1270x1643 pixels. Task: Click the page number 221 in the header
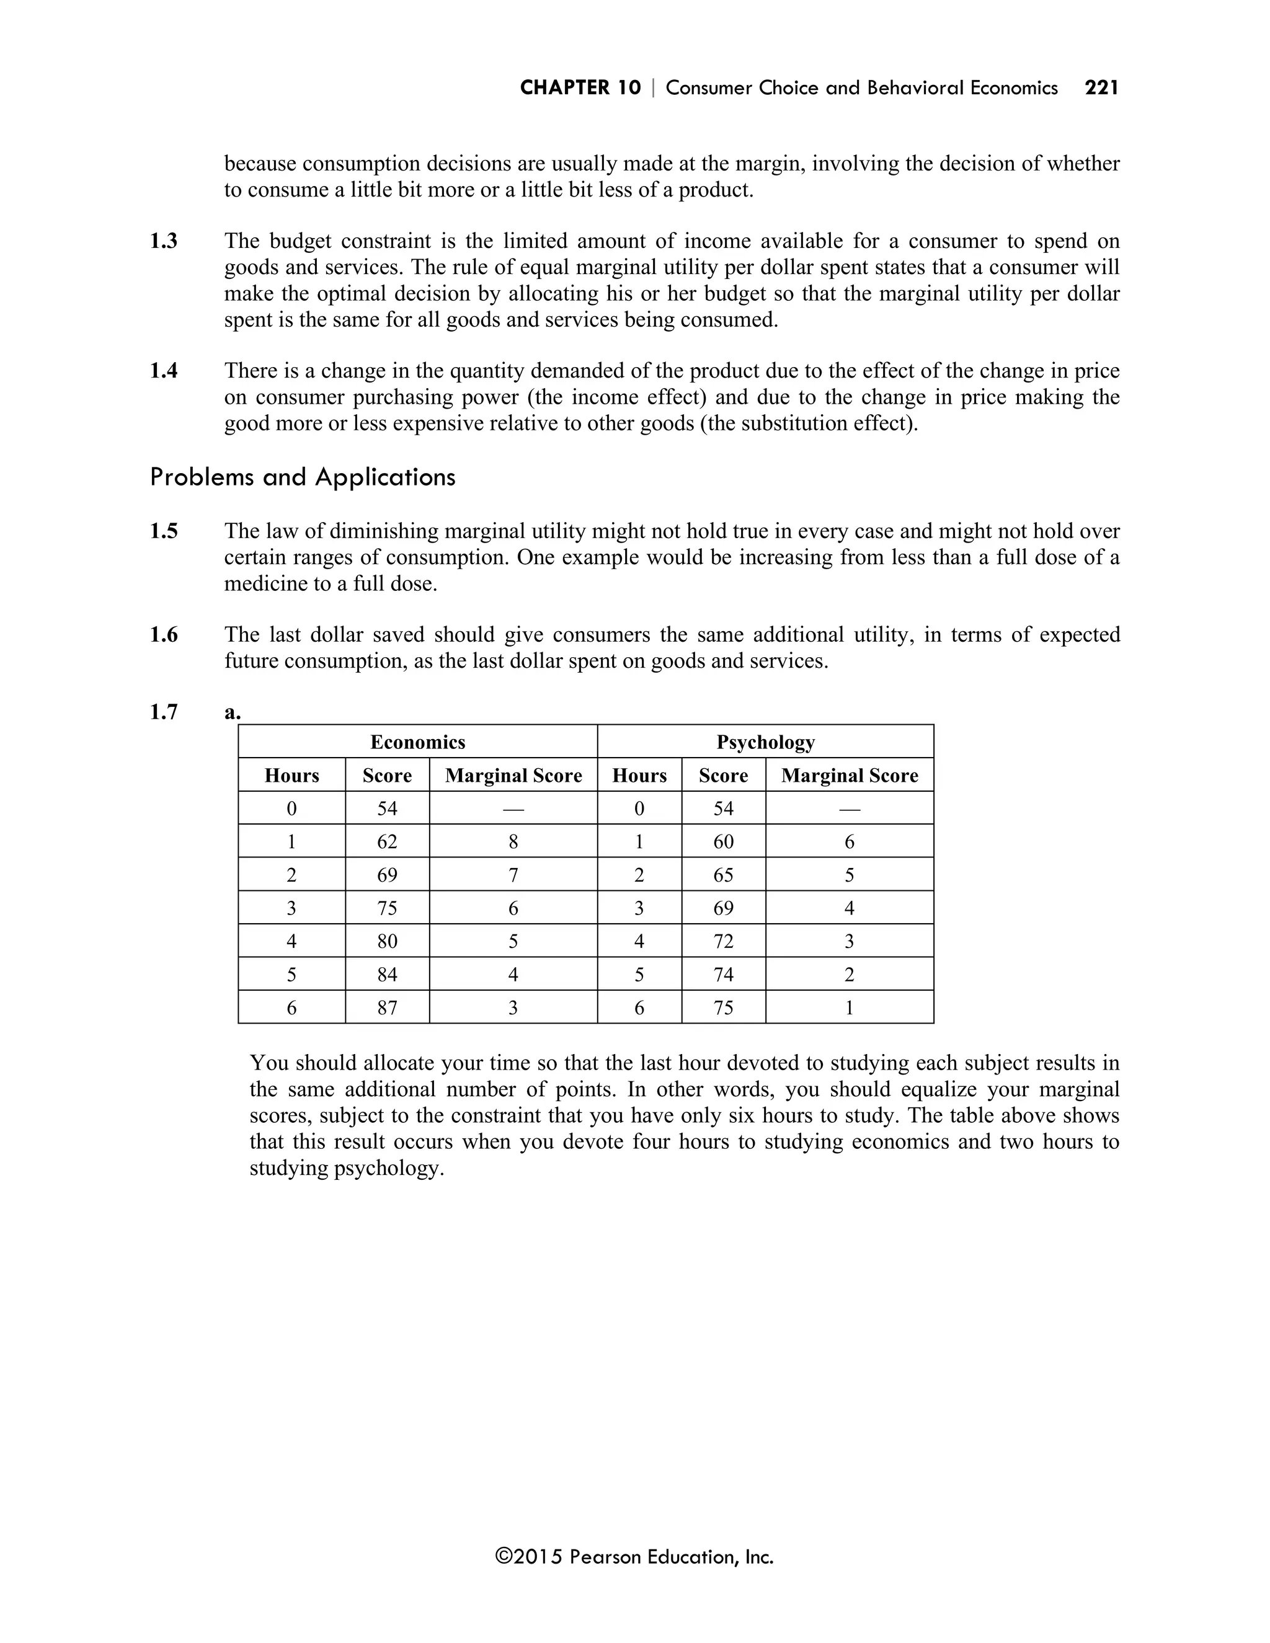coord(1101,88)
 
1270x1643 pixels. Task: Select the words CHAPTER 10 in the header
coord(580,88)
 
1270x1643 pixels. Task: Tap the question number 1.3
coord(163,241)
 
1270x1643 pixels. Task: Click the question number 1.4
coord(163,371)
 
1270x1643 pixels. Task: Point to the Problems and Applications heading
coord(303,477)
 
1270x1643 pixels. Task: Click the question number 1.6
coord(163,635)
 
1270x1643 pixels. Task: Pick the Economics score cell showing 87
coord(387,1007)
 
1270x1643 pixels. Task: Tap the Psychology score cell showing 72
coord(723,941)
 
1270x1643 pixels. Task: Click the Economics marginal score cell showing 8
coord(513,842)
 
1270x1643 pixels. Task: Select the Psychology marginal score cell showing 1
coord(850,1007)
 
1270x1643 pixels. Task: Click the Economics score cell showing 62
coord(387,842)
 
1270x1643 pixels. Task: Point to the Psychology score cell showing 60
coord(723,842)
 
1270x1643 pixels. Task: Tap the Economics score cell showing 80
coord(387,941)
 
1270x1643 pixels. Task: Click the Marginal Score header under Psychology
coord(850,776)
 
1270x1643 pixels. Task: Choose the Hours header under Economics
coord(292,776)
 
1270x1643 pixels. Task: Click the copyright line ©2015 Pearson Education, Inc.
coord(634,1556)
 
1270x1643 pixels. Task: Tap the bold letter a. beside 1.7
coord(232,712)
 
